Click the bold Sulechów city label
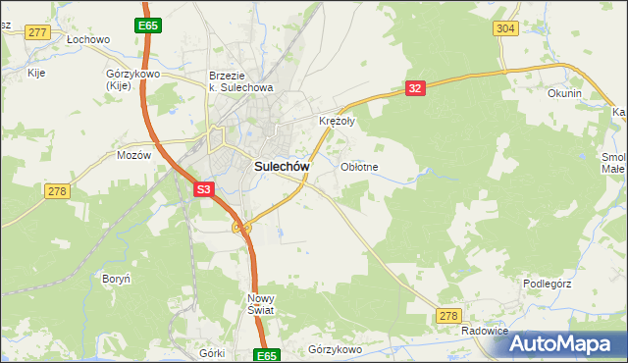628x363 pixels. [283, 167]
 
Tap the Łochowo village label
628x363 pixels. [88, 40]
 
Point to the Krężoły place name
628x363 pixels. [338, 122]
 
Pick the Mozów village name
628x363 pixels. [133, 155]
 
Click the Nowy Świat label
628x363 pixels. [261, 303]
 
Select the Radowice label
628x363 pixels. [485, 332]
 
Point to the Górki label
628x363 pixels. [212, 353]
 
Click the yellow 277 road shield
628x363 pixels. [38, 32]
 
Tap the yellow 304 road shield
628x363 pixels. [505, 28]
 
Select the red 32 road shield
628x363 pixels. [415, 88]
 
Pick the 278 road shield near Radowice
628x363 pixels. [448, 315]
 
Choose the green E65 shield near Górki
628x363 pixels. [268, 355]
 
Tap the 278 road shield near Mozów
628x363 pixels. [57, 191]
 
